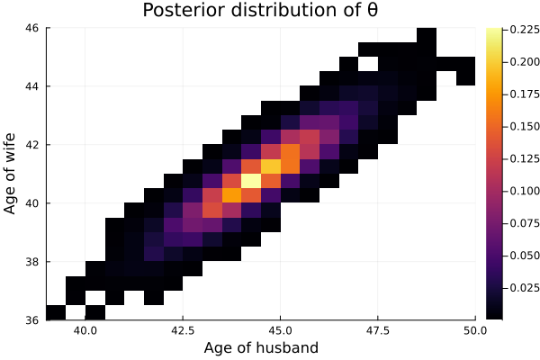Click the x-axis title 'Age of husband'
point(261,348)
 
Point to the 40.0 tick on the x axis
point(85,330)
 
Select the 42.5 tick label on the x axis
point(183,330)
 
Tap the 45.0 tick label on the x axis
point(280,330)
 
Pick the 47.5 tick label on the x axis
point(377,330)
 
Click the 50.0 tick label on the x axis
point(474,330)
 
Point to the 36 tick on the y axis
point(31,319)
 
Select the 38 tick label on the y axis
point(31,261)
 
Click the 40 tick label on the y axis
point(31,202)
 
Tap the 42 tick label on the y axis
point(31,144)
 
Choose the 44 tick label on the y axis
point(31,85)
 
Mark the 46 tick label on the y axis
point(31,28)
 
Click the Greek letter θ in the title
point(372,12)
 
